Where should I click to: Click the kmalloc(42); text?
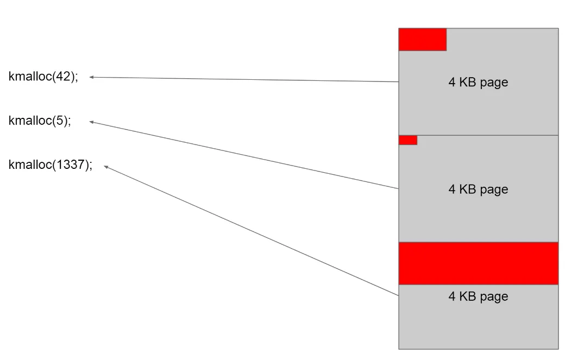tap(43, 77)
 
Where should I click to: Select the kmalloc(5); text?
tap(40, 121)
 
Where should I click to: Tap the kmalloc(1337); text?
tap(51, 165)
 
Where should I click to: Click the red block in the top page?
tap(422, 40)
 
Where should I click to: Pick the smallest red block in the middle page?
tap(407, 140)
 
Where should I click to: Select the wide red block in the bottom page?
tap(478, 263)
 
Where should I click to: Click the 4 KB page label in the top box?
tap(478, 83)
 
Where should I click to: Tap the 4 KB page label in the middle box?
tap(478, 190)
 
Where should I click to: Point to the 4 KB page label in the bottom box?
tap(478, 296)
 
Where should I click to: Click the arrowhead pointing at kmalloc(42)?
tap(91, 77)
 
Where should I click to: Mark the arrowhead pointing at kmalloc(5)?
tap(91, 122)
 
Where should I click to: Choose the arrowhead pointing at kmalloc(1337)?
tap(106, 167)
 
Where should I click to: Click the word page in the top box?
tap(495, 83)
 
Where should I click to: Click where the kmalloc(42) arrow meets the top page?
tap(398, 82)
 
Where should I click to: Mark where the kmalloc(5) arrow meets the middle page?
tap(398, 188)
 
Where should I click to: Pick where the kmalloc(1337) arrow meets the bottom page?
tap(398, 295)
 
